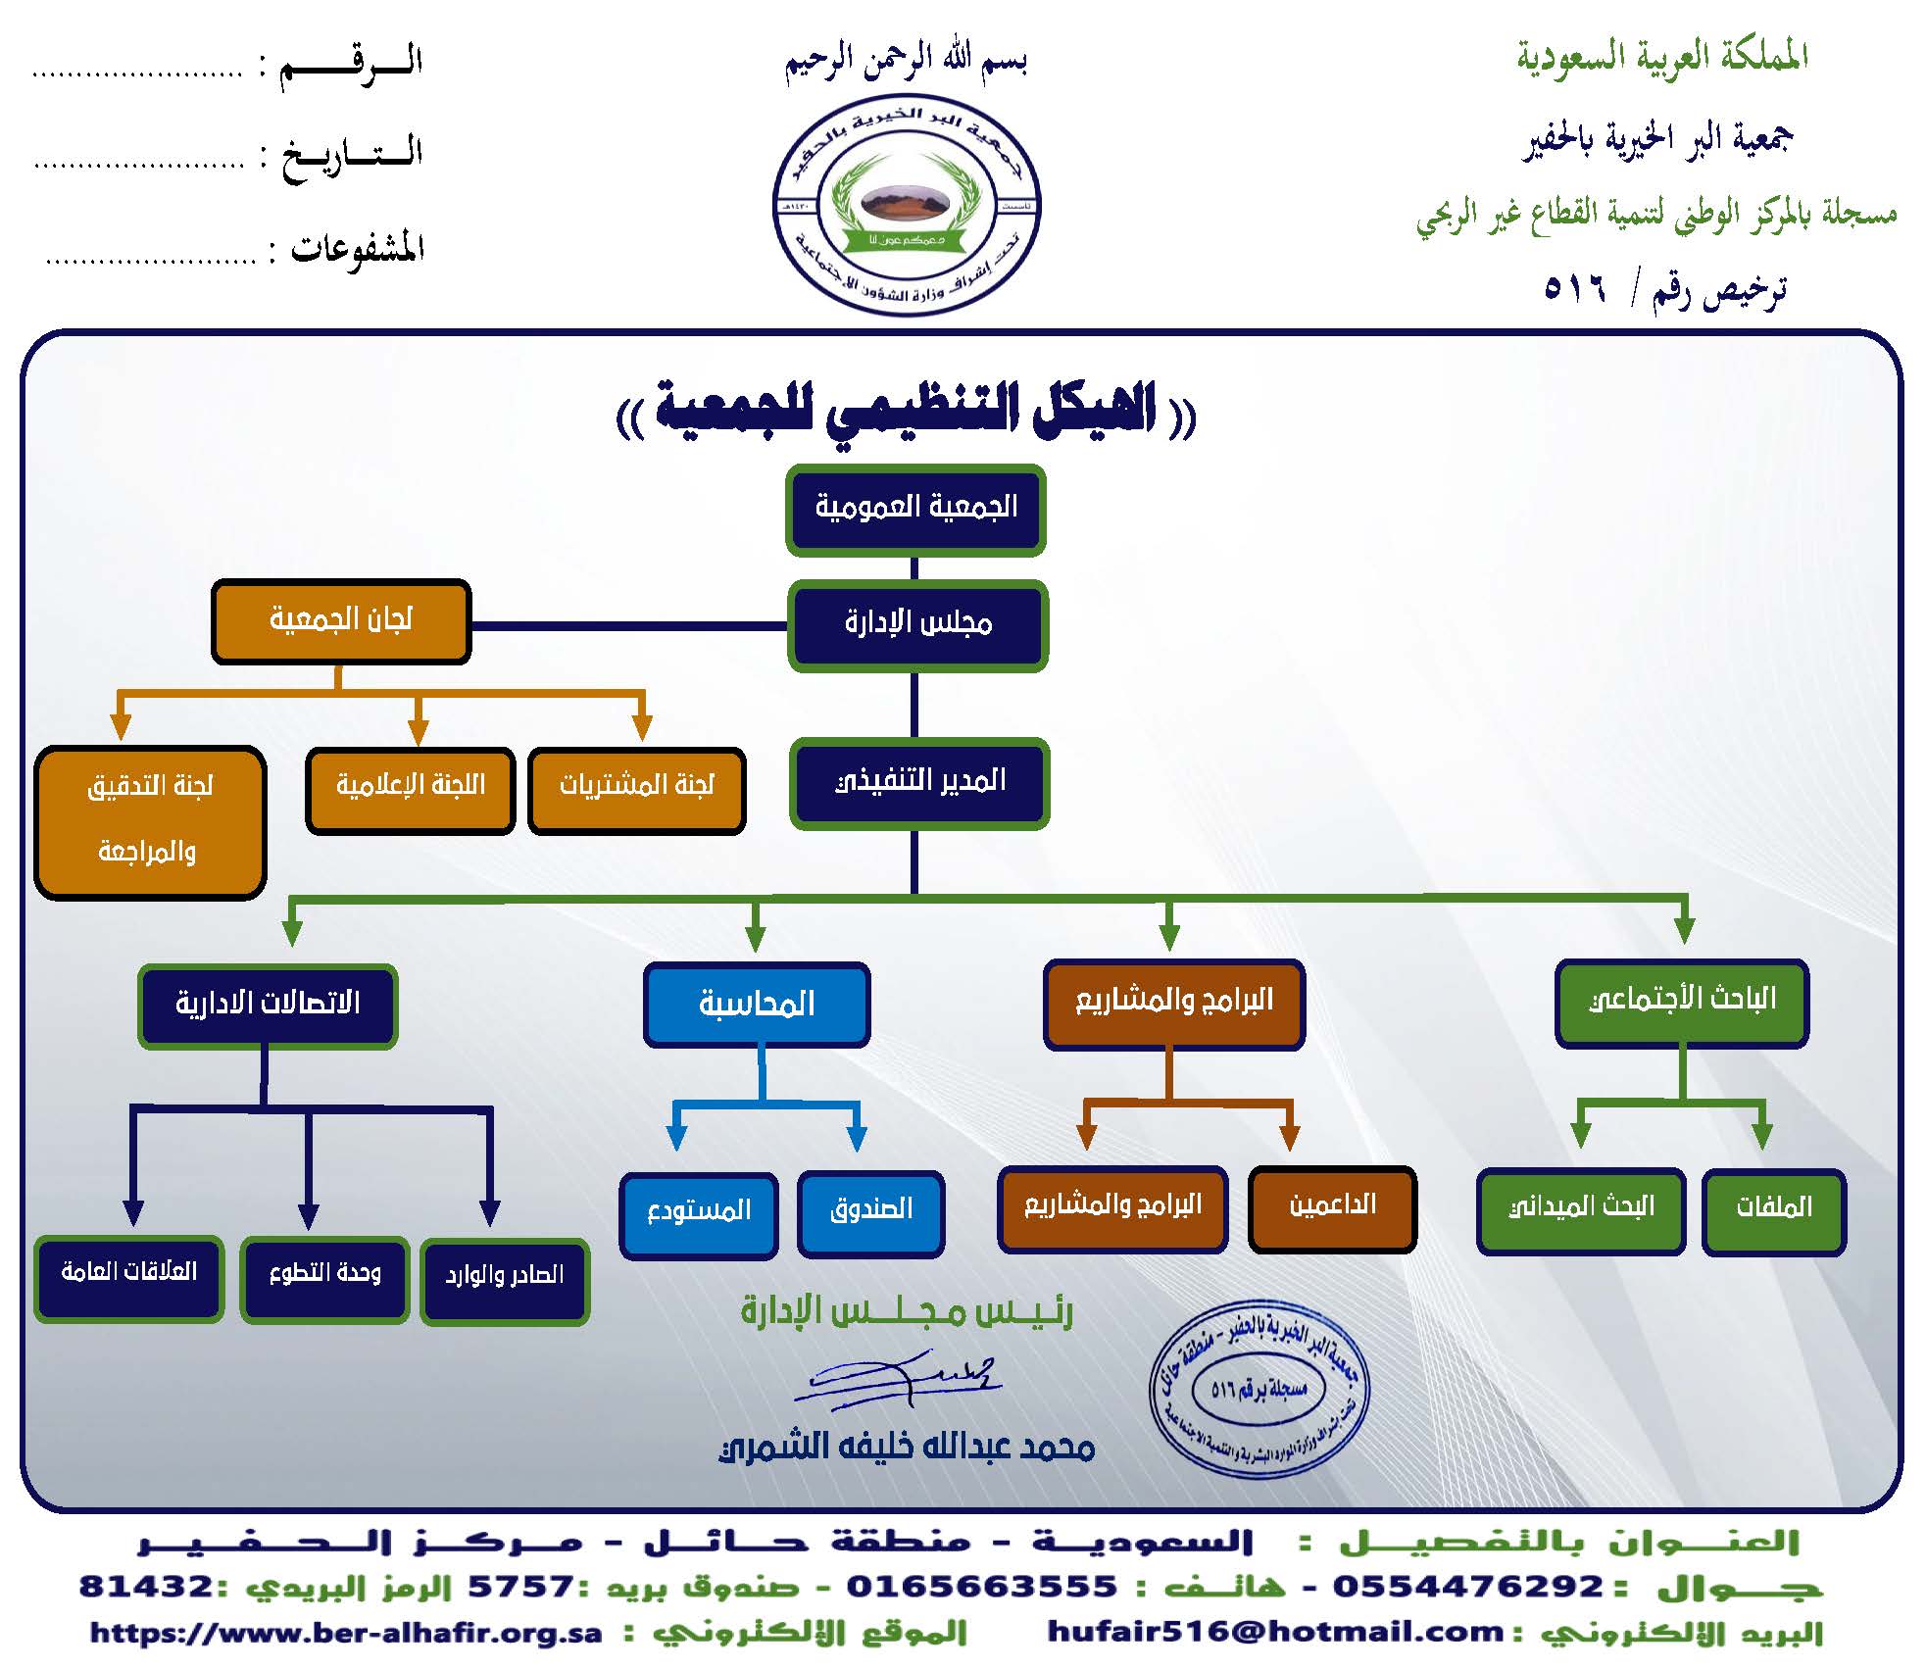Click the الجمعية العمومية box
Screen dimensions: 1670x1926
915,509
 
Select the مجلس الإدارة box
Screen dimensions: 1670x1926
917,624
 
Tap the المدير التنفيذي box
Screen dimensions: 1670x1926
918,782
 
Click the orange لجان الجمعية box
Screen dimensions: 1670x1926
340,620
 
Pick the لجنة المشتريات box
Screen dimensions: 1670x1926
636,790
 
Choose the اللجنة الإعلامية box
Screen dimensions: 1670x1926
410,790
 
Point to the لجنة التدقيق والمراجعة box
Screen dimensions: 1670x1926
149,821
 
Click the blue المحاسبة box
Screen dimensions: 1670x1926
756,1005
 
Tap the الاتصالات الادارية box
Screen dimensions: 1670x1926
267,1006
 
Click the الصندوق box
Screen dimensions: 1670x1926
870,1212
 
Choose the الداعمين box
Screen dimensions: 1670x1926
1332,1208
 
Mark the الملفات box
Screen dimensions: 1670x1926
1773,1210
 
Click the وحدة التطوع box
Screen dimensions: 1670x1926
323,1278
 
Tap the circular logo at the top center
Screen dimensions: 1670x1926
907,208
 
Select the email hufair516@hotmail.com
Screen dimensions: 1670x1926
1275,1632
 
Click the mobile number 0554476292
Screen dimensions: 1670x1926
1467,1586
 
